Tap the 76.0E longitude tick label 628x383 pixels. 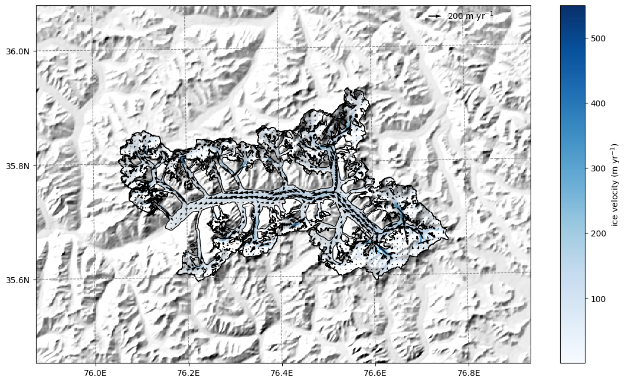96,373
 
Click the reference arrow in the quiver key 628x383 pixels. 435,16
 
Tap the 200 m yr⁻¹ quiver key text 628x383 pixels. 470,16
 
